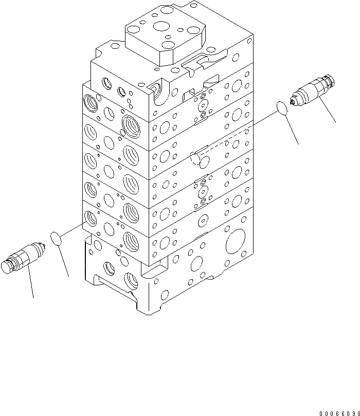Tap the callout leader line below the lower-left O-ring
pos(63,262)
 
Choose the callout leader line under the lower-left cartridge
pos(30,283)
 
